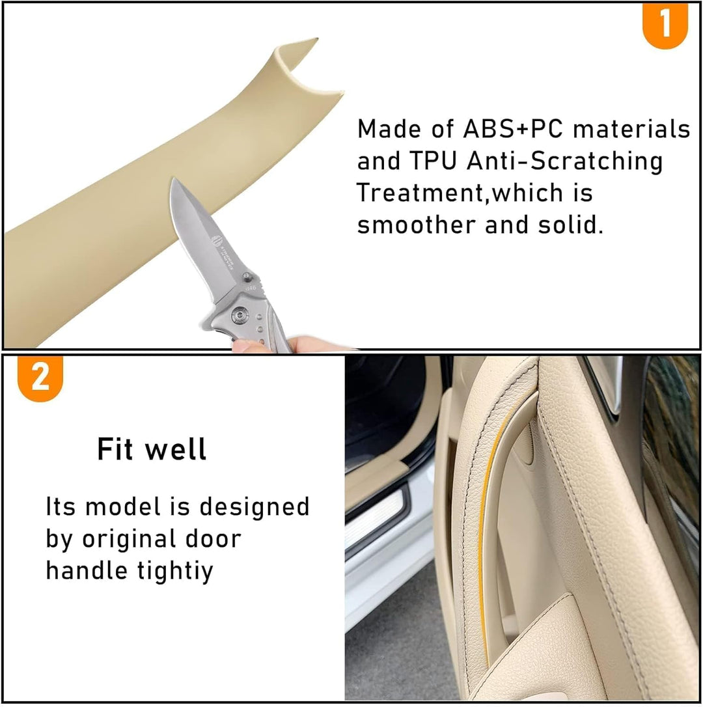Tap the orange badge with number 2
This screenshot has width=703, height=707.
tap(40, 378)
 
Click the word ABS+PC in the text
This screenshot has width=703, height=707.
tap(513, 129)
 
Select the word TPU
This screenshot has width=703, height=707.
tap(433, 161)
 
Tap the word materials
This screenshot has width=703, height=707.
tap(632, 129)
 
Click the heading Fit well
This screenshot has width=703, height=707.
tap(152, 449)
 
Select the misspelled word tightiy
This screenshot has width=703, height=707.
tap(175, 572)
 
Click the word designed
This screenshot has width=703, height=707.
tap(255, 506)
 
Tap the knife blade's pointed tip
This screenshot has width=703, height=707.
tap(172, 178)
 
